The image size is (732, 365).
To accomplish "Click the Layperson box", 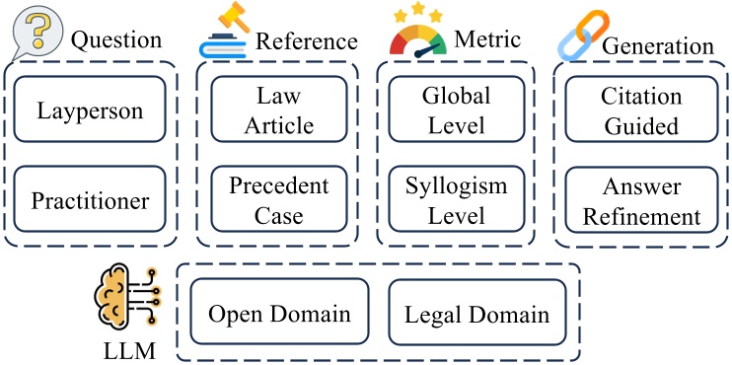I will tap(90, 109).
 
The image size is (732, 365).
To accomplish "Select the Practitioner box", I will tap(90, 201).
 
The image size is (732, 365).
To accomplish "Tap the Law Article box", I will tap(279, 109).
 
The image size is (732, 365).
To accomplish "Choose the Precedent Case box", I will tap(279, 200).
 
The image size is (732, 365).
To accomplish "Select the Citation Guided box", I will tap(641, 109).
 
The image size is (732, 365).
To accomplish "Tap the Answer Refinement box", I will tap(641, 200).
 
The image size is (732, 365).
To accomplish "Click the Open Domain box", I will tap(279, 315).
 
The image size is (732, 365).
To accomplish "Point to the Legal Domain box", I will tap(476, 315).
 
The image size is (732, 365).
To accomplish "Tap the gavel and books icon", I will tap(224, 33).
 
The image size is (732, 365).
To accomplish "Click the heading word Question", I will tap(115, 40).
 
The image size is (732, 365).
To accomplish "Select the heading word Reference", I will tap(307, 41).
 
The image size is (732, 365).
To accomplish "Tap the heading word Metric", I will tap(489, 40).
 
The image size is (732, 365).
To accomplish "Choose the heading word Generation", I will tap(658, 46).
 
